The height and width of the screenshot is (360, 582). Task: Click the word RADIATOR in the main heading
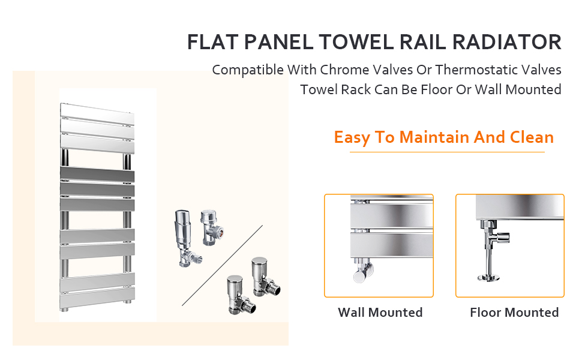click(507, 42)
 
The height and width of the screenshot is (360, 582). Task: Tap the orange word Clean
click(532, 137)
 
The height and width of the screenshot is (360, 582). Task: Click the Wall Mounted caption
click(380, 313)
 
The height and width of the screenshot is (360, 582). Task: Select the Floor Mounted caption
click(514, 313)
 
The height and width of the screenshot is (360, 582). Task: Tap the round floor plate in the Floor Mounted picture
click(488, 277)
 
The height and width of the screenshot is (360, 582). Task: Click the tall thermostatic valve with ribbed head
click(185, 238)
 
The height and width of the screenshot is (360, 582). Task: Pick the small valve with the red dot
click(212, 227)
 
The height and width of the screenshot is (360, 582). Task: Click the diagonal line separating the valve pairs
click(223, 265)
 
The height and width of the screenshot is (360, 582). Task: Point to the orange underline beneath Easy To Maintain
click(447, 152)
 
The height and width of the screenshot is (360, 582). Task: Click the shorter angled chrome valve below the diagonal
click(240, 295)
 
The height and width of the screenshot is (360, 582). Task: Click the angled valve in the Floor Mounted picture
click(494, 238)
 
